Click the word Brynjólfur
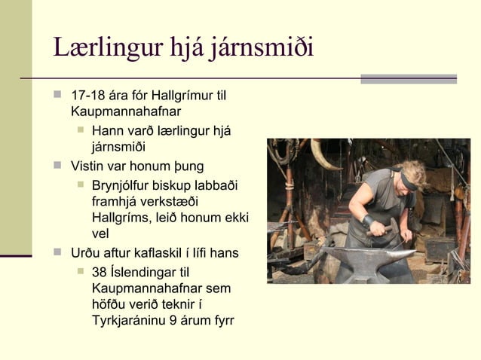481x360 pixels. coord(124,185)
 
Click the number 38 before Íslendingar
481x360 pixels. coord(99,272)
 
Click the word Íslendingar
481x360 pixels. coord(144,272)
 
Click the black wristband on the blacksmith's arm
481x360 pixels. coord(369,221)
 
